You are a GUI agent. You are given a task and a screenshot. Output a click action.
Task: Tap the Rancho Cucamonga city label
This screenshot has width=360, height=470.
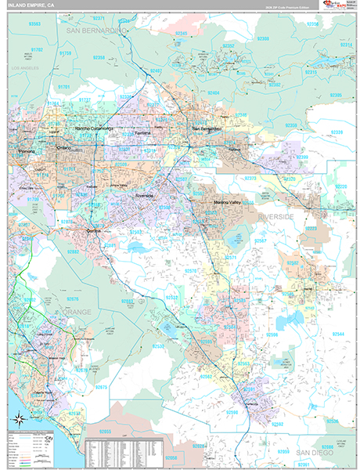click(x=94, y=128)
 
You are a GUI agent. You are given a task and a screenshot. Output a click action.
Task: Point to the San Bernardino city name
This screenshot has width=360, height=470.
click(x=207, y=128)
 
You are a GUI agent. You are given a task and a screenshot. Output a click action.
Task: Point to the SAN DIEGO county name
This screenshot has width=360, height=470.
click(x=299, y=453)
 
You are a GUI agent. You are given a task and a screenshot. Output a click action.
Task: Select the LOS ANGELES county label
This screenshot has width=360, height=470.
click(x=23, y=70)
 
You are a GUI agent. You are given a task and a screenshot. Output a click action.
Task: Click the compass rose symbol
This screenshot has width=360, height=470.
click(x=18, y=418)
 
